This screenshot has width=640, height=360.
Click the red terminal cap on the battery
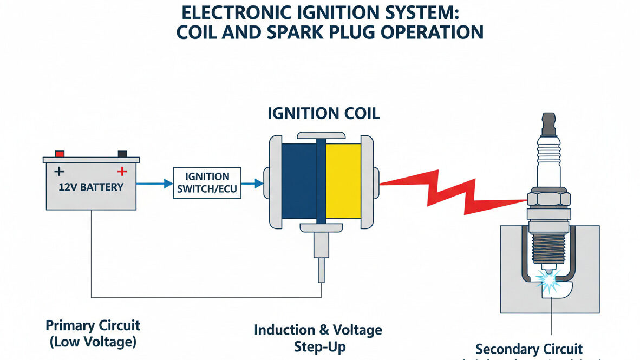pos(60,154)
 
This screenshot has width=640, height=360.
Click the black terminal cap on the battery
pos(122,154)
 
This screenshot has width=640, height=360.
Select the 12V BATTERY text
pos(90,187)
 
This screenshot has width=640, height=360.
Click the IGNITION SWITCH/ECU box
pos(207,183)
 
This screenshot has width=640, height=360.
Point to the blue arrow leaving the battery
pos(154,184)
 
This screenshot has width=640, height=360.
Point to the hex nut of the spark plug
pos(548,198)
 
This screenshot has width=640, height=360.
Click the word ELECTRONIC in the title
pos(240,13)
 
